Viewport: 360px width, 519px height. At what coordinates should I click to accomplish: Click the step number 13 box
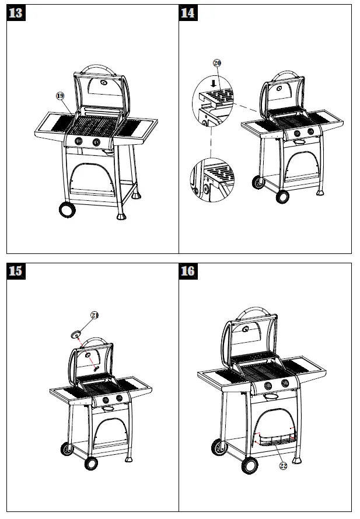tap(16, 13)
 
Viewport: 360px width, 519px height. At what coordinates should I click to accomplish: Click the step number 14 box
tap(188, 13)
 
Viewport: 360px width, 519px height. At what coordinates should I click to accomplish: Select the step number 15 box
tap(16, 271)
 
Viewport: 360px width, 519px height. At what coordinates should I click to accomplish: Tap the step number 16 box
tap(188, 271)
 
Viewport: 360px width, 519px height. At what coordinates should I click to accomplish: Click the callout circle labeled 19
tap(60, 96)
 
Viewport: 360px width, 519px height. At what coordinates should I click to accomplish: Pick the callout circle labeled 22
tap(283, 465)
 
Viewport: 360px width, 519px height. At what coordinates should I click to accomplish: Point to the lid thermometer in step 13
tap(103, 83)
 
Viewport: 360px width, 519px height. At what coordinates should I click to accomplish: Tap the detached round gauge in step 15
tap(75, 335)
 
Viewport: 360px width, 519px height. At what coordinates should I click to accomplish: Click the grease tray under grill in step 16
tap(273, 437)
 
